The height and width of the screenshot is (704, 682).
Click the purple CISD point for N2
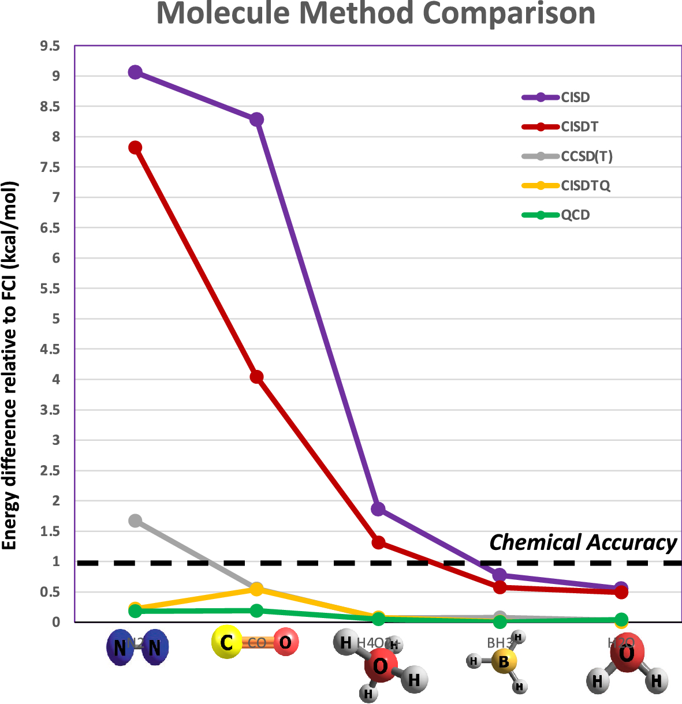point(135,72)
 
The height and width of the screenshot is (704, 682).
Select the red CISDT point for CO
point(256,377)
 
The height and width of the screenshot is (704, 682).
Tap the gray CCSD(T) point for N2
point(135,520)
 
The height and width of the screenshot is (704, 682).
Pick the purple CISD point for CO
point(256,119)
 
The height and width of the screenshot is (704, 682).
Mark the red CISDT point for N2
point(135,147)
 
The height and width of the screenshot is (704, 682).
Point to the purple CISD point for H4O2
point(378,509)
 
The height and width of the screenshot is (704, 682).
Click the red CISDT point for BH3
point(500,587)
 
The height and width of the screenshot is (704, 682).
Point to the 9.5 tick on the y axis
point(50,46)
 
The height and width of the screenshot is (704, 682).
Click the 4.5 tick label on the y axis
point(50,349)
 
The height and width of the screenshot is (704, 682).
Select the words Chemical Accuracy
point(583,543)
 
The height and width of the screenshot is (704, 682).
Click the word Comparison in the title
point(509,14)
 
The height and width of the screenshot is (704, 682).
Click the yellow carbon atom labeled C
point(226,643)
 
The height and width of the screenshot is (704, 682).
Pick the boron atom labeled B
point(503,661)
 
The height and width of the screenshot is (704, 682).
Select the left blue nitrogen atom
point(120,648)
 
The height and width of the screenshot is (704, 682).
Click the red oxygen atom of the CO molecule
point(285,642)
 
